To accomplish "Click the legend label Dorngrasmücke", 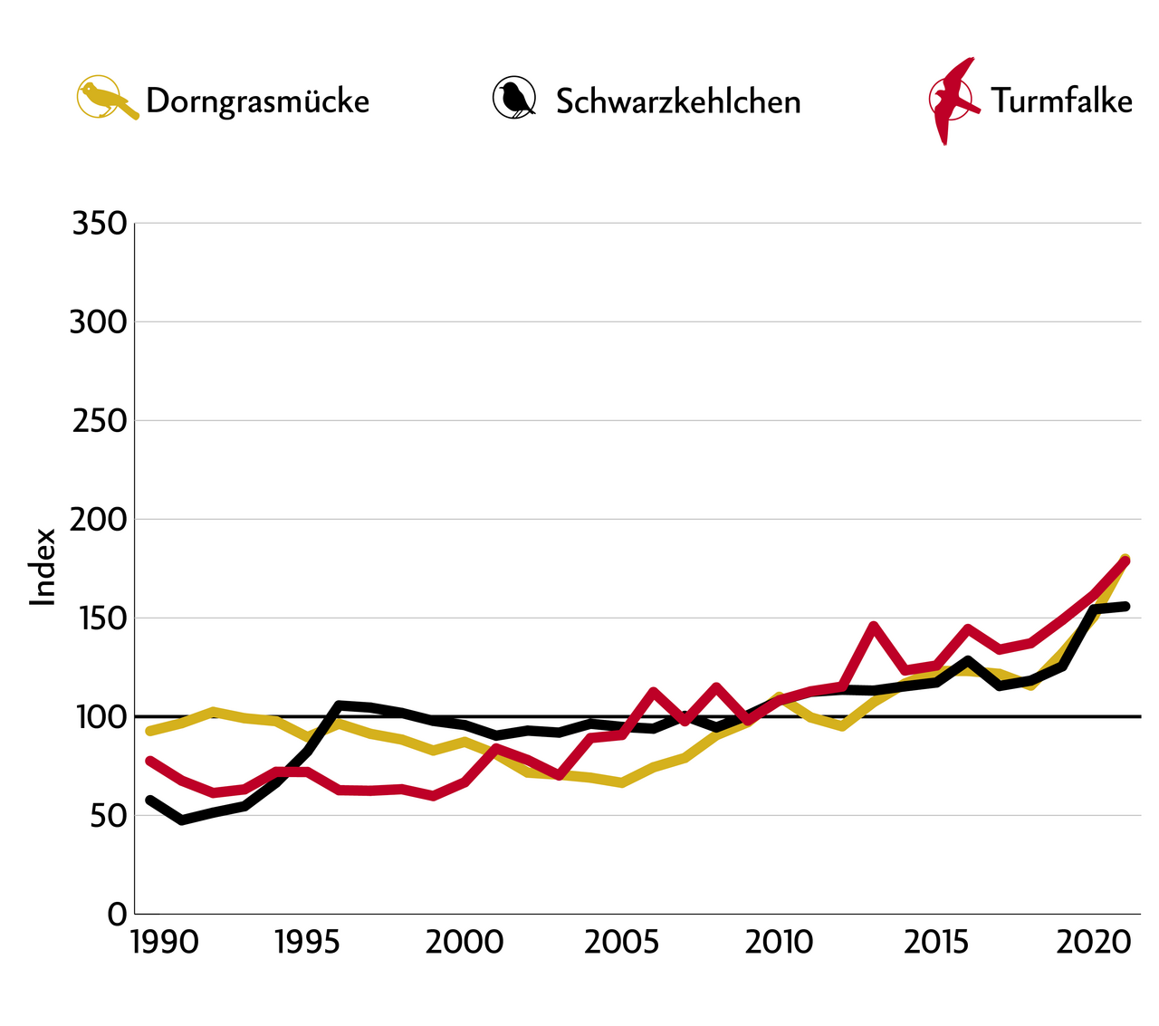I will click(x=257, y=101).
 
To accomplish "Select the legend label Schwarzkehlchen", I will click(x=678, y=101).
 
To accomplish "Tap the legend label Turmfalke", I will click(x=1061, y=100).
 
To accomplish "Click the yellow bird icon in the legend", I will click(x=105, y=98).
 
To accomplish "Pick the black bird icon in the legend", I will click(x=514, y=98).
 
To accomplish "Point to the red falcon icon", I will click(x=953, y=100).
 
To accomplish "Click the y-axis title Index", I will click(x=43, y=568).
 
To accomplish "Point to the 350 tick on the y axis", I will click(x=99, y=223).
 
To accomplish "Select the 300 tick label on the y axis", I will click(x=99, y=321).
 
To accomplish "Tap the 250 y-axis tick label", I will click(x=99, y=420).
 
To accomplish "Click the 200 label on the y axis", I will click(x=99, y=519).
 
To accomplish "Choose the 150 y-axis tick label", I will click(x=99, y=618).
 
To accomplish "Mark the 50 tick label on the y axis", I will click(x=106, y=815).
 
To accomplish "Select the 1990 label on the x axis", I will click(x=164, y=942).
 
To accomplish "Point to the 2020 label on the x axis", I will click(x=1093, y=942).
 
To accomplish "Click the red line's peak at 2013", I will click(x=873, y=626).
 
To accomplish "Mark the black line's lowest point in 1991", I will click(x=182, y=820).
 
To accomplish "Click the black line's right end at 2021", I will click(x=1125, y=606).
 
